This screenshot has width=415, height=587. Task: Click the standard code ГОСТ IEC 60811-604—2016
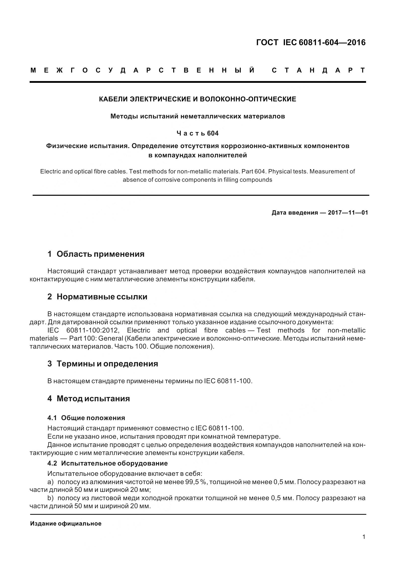coord(311,42)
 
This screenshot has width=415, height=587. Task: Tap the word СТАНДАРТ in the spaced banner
coord(319,70)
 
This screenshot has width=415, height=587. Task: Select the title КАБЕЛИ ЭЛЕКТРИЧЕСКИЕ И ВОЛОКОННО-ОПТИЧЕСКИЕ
coord(197,99)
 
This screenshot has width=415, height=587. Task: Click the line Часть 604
coord(197,134)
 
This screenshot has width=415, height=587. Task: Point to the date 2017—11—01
coord(348,213)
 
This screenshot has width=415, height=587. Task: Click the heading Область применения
coord(100,254)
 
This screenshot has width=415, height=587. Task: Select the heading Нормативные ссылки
coord(102,297)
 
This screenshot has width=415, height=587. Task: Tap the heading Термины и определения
coord(107,364)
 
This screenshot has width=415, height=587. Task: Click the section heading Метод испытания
coord(93,399)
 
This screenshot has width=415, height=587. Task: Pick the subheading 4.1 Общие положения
coord(86,418)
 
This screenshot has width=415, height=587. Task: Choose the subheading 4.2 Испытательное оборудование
coord(107,463)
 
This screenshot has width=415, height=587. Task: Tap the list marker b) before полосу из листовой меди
coord(50,498)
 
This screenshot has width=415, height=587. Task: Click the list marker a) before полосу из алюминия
coord(50,482)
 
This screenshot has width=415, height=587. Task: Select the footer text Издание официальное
coord(66,524)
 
